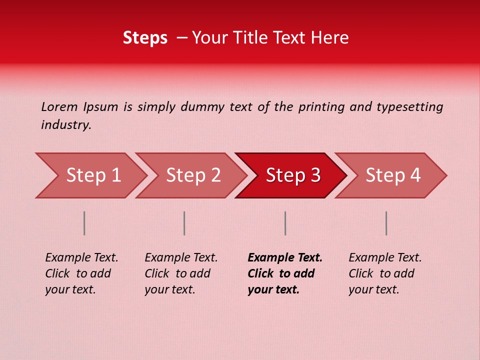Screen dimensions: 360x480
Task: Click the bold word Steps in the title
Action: click(x=145, y=38)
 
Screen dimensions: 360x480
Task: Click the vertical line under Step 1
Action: click(x=84, y=223)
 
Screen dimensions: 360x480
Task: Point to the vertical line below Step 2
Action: click(x=184, y=223)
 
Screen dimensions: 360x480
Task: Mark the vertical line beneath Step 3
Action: click(x=285, y=223)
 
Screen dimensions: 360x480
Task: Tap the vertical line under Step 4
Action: click(x=386, y=223)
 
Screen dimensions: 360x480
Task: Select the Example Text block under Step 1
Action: click(x=81, y=273)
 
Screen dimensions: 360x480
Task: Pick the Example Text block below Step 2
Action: click(x=181, y=273)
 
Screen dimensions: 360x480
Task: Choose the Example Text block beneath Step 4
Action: click(x=385, y=273)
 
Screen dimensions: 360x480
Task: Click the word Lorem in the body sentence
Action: click(x=59, y=107)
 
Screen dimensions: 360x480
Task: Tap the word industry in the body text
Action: click(x=66, y=125)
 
